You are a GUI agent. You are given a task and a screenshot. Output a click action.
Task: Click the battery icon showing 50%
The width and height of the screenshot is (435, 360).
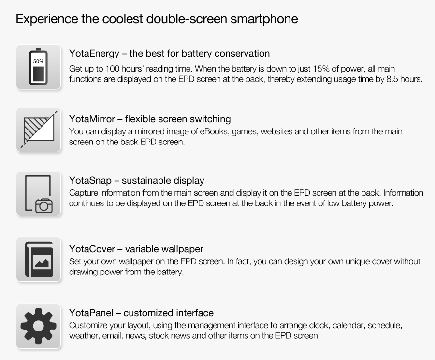point(38,67)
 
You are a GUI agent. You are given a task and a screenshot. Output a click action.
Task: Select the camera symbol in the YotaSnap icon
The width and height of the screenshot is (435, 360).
point(44,206)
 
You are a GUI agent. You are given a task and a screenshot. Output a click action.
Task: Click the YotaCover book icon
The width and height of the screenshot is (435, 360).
point(38,259)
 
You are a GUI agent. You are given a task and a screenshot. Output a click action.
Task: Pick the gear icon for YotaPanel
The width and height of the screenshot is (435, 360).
point(38,326)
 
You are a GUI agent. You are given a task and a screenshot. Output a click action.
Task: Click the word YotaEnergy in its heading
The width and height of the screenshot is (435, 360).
point(94,54)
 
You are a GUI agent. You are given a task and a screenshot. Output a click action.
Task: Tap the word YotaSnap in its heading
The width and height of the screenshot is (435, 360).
point(89,181)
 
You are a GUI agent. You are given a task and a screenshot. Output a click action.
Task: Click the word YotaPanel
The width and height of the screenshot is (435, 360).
point(91,313)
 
